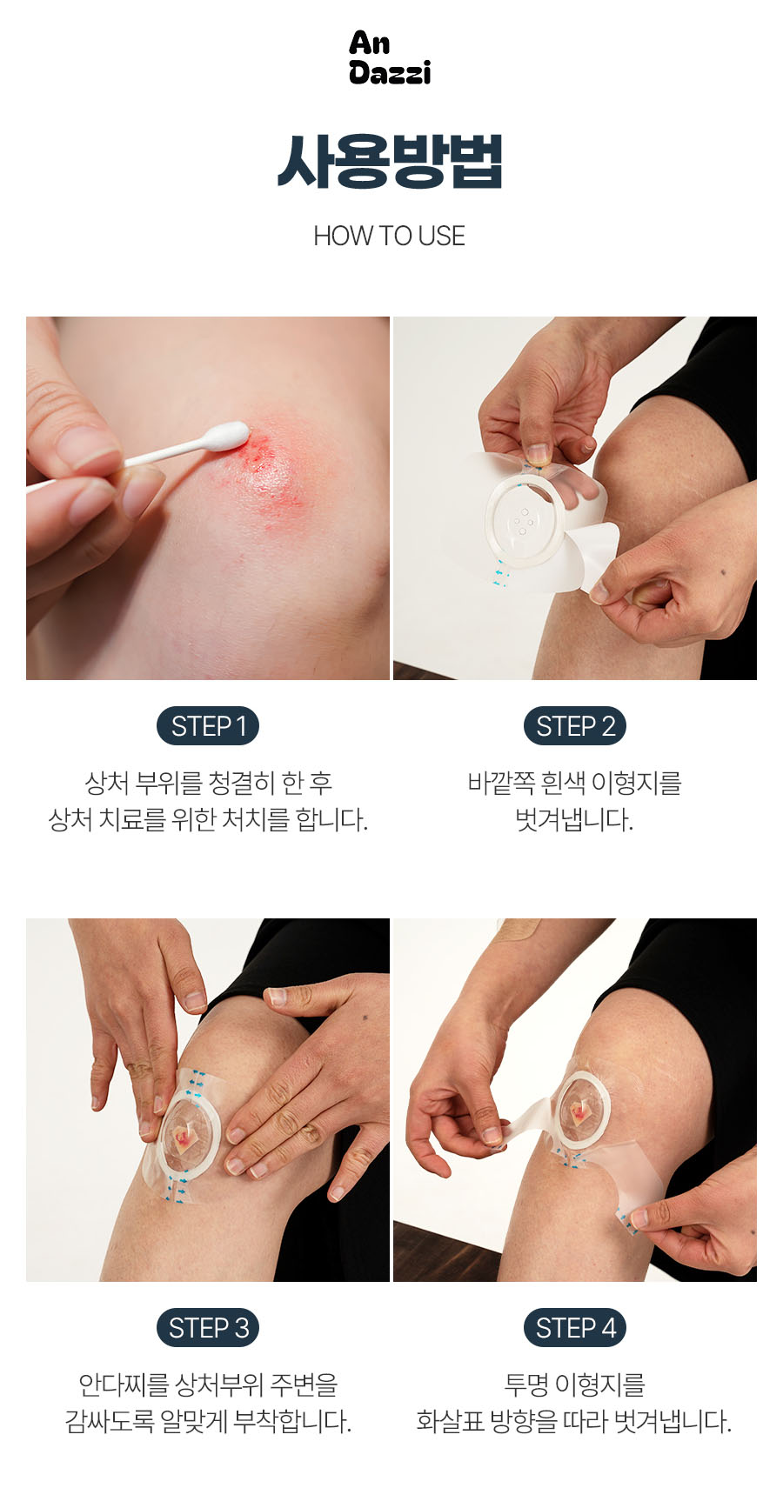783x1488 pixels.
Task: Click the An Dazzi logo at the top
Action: coord(390,57)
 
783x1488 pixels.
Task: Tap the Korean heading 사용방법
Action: coord(390,162)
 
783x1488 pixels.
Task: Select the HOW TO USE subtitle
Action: coord(390,236)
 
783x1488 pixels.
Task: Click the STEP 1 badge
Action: coord(208,726)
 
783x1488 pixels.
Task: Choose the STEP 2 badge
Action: coord(576,726)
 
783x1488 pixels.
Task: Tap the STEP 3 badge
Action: coord(208,1328)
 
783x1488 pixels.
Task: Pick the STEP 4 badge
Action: coord(576,1328)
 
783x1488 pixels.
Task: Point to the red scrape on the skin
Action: coord(272,465)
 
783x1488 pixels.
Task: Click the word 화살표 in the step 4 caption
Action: coord(450,1422)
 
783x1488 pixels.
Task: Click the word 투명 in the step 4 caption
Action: coord(525,1385)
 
